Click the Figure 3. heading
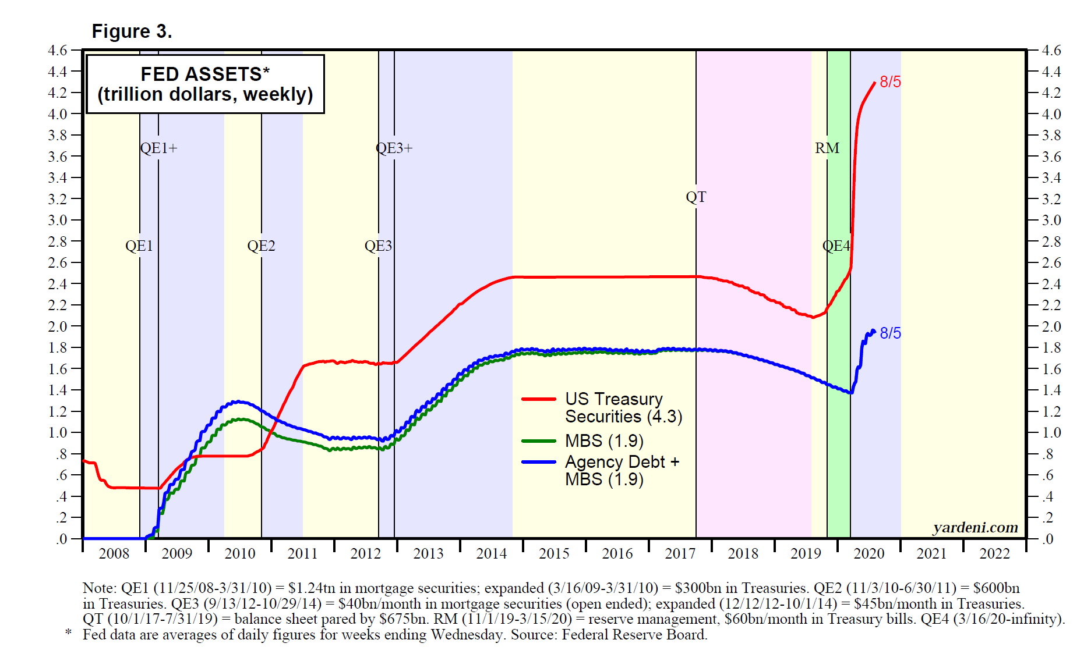pyautogui.click(x=132, y=31)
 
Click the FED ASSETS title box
pyautogui.click(x=205, y=84)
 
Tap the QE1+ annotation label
pyautogui.click(x=158, y=148)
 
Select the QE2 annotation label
pyautogui.click(x=261, y=246)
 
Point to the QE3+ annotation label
pyautogui.click(x=394, y=148)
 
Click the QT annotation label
pyautogui.click(x=696, y=197)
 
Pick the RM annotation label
pyautogui.click(x=827, y=148)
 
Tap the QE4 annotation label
pyautogui.click(x=836, y=246)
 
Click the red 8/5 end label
pyautogui.click(x=890, y=82)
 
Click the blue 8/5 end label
pyautogui.click(x=890, y=333)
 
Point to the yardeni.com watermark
pyautogui.click(x=976, y=527)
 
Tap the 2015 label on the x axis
pyautogui.click(x=554, y=553)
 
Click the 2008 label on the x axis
pyautogui.click(x=114, y=553)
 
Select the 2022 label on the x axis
pyautogui.click(x=994, y=553)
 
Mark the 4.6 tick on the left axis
pyautogui.click(x=58, y=51)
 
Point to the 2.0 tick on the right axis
pyautogui.click(x=1051, y=326)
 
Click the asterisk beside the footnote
pyautogui.click(x=69, y=632)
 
